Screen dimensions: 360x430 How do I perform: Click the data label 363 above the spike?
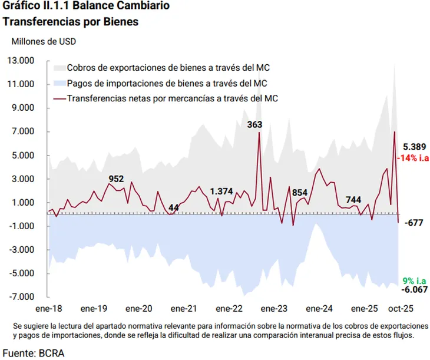[x=255, y=124]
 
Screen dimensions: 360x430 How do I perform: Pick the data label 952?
[x=117, y=179]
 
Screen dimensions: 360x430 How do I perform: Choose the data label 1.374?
[x=221, y=191]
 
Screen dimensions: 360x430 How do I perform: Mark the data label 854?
[x=300, y=193]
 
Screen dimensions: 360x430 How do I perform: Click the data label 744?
[x=353, y=200]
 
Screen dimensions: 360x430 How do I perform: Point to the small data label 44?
[x=174, y=207]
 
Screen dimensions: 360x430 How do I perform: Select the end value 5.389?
[x=415, y=147]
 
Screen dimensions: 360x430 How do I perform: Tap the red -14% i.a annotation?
[x=413, y=158]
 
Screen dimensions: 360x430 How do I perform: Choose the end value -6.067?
[x=415, y=290]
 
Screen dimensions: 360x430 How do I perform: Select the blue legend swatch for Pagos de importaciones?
[x=59, y=83]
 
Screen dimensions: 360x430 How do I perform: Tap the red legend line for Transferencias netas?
[x=59, y=98]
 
